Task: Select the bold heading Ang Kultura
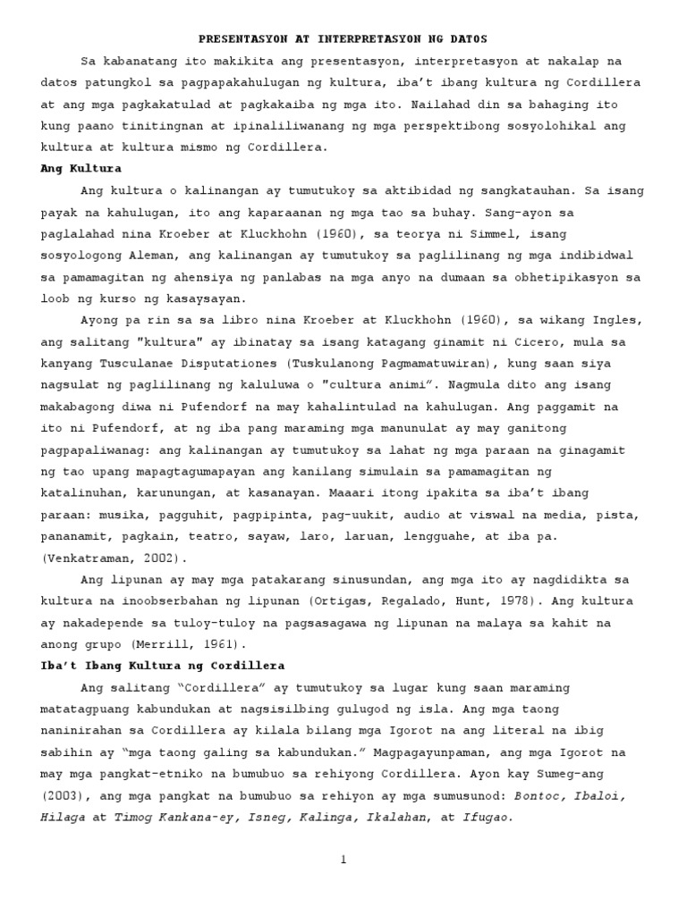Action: click(81, 168)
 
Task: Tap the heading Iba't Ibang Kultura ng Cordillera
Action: click(163, 665)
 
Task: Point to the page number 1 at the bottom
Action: click(343, 860)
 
